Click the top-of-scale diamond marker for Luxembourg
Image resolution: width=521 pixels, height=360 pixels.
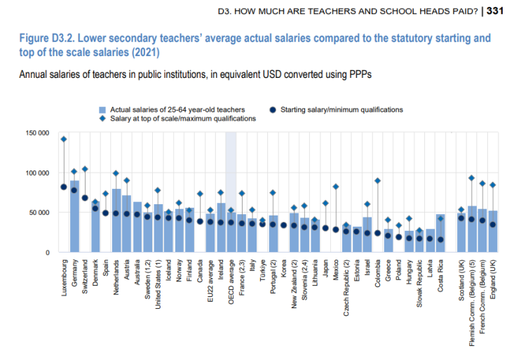63,139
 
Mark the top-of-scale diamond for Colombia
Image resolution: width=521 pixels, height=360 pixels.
377,180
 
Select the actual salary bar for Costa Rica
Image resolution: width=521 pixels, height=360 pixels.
440,232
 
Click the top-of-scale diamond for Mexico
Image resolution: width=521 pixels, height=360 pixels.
335,187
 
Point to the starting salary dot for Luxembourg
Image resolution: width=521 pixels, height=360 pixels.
63,187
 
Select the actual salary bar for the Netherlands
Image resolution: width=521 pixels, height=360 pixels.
116,220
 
